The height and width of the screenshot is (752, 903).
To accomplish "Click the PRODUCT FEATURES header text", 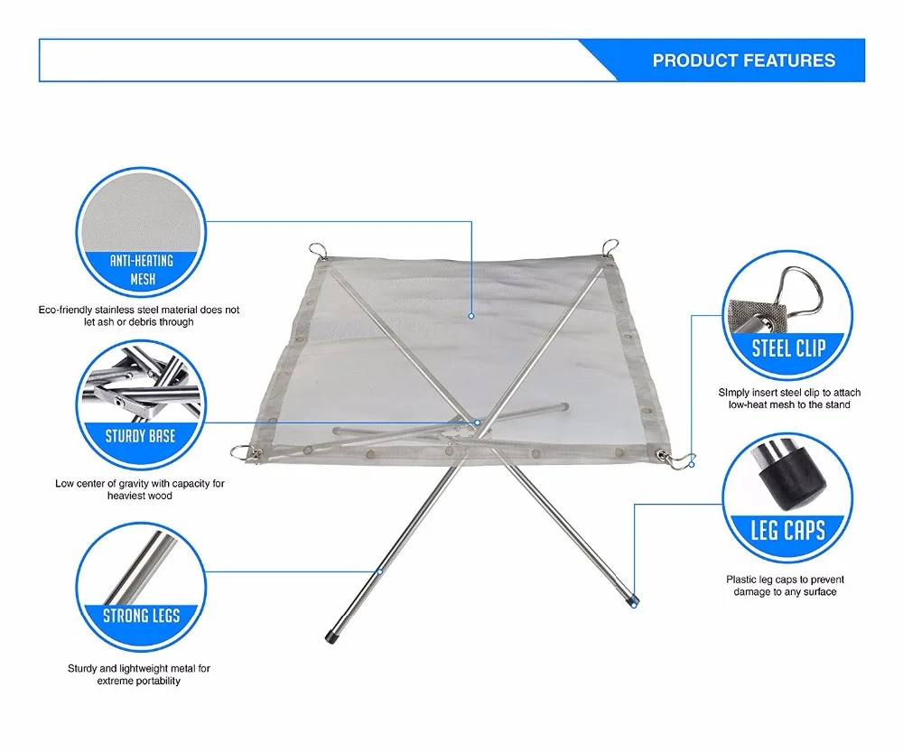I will tap(744, 61).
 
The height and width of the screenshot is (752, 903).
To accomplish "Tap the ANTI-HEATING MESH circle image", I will tap(139, 217).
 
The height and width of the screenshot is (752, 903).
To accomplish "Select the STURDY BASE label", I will tap(140, 436).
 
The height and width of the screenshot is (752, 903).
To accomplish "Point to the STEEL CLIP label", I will tap(788, 348).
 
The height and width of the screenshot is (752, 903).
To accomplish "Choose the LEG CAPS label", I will tap(788, 529).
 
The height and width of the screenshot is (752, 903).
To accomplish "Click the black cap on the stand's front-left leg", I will tap(333, 637).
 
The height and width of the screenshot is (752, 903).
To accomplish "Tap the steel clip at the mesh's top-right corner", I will tap(610, 245).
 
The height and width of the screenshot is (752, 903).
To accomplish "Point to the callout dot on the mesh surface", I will tap(471, 316).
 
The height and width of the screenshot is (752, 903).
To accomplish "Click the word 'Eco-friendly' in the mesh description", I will tap(65, 310).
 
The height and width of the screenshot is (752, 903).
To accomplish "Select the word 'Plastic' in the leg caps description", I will tap(742, 580).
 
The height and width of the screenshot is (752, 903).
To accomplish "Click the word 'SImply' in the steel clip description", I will tap(732, 394).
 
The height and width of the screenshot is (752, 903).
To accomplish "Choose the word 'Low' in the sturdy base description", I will tap(64, 484).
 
